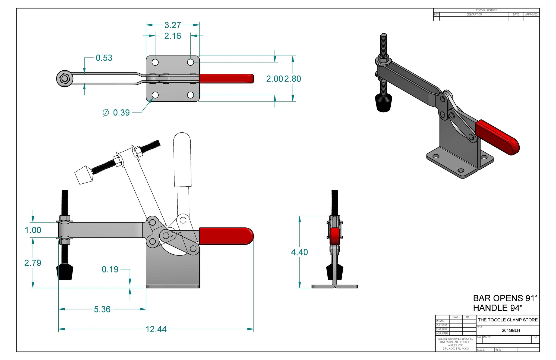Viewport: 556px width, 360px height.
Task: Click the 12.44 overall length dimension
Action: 156,329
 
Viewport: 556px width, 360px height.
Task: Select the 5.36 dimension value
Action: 102,309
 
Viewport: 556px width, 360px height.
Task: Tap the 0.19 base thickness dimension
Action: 110,269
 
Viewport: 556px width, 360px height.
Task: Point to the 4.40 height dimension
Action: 299,252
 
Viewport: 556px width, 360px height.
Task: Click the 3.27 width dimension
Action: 173,25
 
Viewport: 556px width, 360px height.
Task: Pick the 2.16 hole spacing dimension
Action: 173,36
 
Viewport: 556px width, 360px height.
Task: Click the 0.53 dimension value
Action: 104,58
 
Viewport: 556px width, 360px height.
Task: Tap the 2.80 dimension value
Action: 293,79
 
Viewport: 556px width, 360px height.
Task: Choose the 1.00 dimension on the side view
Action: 33,230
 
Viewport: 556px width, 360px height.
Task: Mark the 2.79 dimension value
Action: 33,263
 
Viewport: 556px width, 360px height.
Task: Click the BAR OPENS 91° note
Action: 505,298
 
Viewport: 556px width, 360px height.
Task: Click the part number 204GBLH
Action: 511,330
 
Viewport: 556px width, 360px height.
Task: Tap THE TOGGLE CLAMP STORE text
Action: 508,320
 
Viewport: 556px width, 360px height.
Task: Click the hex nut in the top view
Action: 65,79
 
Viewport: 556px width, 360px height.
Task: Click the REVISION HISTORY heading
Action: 486,10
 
